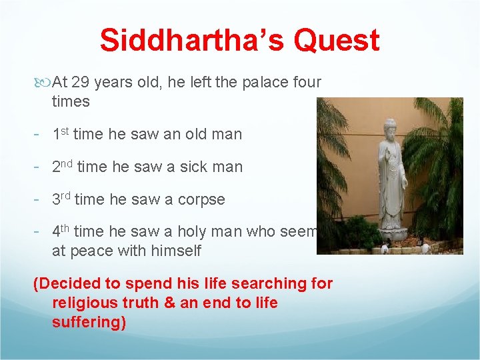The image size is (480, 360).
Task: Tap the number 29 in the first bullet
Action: [80, 83]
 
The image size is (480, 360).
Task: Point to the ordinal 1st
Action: [61, 134]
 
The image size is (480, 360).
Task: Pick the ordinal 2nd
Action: [63, 167]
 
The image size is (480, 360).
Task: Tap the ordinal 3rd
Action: [62, 199]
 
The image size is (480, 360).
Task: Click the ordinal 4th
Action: [61, 231]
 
